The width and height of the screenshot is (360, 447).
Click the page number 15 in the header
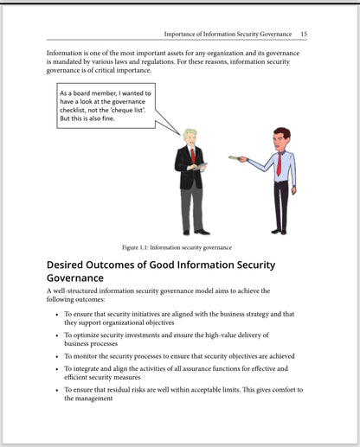click(x=303, y=34)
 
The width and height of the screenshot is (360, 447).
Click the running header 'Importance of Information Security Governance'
click(x=228, y=34)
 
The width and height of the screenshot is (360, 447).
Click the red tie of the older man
click(x=192, y=156)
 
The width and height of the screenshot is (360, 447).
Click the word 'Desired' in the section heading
click(x=71, y=265)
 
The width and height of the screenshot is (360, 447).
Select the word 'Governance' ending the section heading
click(x=79, y=278)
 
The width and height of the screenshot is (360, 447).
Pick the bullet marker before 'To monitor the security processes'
click(x=56, y=355)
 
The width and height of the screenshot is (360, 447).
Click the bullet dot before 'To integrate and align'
click(x=56, y=368)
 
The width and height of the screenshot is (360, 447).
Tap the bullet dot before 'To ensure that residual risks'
click(x=56, y=390)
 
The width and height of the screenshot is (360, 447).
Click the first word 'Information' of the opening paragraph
click(x=67, y=54)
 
